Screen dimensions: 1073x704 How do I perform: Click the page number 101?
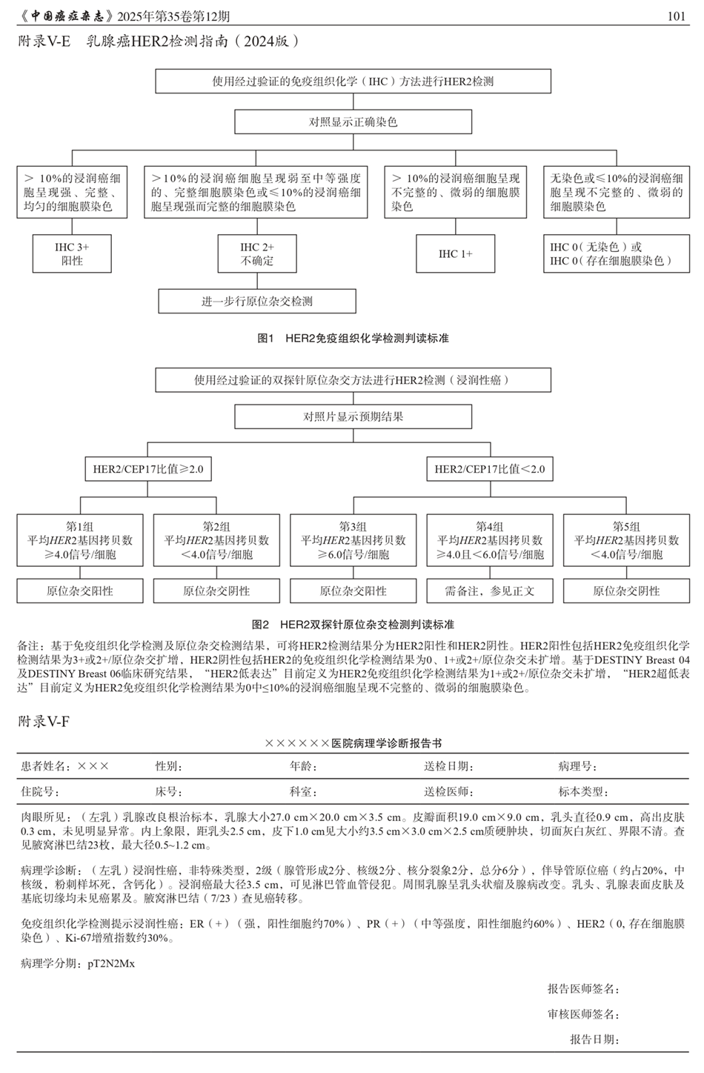point(676,16)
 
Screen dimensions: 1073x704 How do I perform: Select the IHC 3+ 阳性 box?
point(72,254)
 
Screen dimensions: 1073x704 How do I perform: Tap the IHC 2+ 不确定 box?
point(257,254)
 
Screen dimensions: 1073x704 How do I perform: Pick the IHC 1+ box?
point(455,254)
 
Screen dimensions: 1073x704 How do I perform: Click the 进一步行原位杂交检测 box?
point(257,302)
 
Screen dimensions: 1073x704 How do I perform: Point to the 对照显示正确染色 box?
point(353,122)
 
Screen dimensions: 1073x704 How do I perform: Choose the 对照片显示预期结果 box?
point(353,417)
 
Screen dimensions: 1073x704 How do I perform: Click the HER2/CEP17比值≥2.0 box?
point(147,469)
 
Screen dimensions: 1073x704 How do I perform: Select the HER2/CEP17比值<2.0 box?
point(489,469)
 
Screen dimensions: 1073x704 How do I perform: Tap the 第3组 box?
point(353,540)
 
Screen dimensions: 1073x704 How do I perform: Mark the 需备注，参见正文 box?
point(489,591)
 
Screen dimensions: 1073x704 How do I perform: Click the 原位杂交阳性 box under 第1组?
point(80,591)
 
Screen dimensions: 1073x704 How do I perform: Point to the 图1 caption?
point(353,339)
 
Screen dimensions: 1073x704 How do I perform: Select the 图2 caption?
point(353,625)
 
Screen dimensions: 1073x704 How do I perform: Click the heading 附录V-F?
point(44,722)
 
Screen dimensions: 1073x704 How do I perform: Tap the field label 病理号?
point(577,766)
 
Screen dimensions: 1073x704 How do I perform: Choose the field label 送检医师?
point(448,791)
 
